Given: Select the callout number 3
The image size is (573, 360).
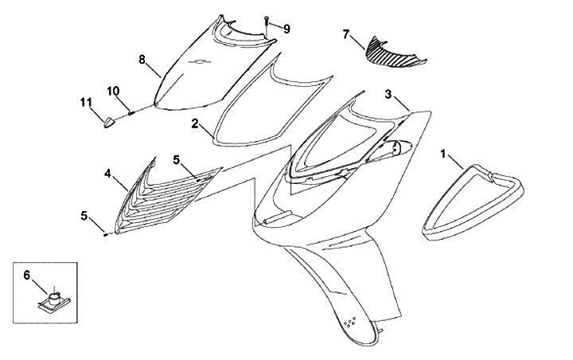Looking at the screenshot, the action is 388,93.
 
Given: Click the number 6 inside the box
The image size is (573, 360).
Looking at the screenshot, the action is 26,275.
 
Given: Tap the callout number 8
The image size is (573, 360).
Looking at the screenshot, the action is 142,59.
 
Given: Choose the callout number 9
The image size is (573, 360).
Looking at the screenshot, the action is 286,29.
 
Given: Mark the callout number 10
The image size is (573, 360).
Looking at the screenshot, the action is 114,92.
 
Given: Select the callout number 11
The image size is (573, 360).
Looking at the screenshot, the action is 86,101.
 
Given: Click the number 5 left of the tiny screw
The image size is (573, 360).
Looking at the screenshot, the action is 84,215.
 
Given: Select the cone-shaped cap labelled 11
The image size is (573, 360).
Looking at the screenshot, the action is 108,122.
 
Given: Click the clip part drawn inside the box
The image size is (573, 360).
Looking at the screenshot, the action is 53,300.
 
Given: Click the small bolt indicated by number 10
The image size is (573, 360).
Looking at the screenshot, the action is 131,112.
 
